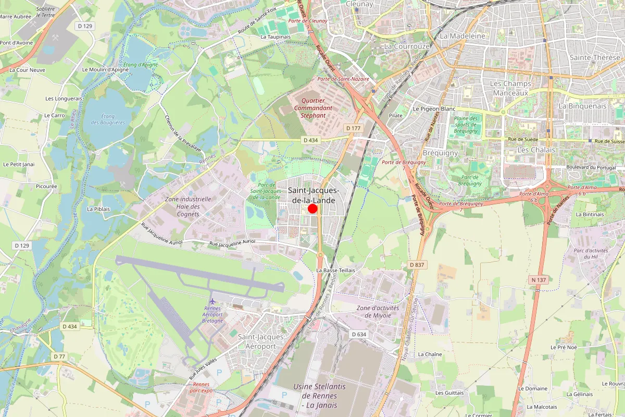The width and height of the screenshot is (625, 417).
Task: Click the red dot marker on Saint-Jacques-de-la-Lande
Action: [312, 208]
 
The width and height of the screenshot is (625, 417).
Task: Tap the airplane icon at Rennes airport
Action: [212, 301]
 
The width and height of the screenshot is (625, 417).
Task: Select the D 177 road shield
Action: [353, 128]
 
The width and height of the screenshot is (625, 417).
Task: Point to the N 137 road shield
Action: [539, 280]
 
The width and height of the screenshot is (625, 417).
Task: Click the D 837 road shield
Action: [417, 265]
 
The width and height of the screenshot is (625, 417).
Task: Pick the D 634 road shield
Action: [359, 334]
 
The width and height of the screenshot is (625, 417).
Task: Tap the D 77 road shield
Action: [59, 357]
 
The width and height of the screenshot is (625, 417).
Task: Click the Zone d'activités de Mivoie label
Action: [378, 311]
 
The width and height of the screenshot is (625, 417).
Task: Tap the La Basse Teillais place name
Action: [335, 270]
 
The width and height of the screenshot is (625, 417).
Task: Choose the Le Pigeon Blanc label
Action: [434, 109]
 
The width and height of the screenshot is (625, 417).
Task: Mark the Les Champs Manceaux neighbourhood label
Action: [510, 88]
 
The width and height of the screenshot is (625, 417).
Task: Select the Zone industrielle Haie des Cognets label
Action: [188, 206]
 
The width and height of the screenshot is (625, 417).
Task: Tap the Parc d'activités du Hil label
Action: [591, 253]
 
